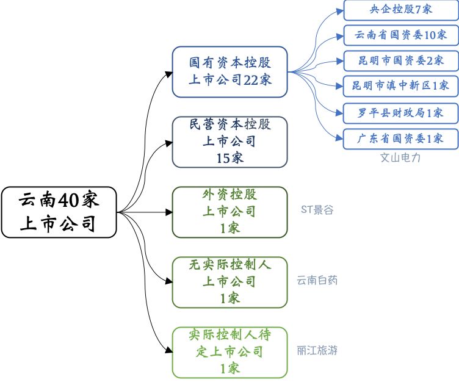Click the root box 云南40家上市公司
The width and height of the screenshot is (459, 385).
click(59, 212)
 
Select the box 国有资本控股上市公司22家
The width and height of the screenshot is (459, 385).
click(229, 71)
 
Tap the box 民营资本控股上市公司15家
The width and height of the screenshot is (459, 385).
click(229, 142)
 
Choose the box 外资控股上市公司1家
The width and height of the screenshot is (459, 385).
click(229, 212)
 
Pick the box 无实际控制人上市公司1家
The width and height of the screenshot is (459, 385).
click(229, 282)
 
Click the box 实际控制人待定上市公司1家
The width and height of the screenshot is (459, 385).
click(229, 351)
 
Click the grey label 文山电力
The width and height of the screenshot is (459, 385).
click(400, 158)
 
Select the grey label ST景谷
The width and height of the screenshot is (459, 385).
click(317, 210)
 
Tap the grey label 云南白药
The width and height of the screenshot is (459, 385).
click(317, 281)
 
